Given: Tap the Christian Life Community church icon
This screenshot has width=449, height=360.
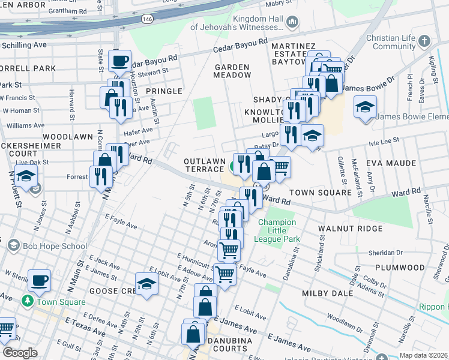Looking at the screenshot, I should [424, 41].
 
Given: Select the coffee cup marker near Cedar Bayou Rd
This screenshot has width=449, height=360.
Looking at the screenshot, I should [120, 61].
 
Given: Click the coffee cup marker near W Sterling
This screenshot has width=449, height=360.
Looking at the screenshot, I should [40, 280].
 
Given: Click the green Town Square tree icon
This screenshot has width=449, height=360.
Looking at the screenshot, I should [28, 300].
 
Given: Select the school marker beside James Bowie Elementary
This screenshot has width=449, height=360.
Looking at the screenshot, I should [364, 107].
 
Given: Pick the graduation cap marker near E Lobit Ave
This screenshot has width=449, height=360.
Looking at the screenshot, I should [146, 284].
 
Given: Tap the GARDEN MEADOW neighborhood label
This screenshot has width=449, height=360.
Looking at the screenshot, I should [232, 71].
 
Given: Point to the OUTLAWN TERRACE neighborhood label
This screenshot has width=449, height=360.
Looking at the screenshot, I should [204, 166].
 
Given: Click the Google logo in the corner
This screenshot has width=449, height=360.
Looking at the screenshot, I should [20, 353].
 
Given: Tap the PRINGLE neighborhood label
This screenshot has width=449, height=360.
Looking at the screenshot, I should [163, 91].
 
